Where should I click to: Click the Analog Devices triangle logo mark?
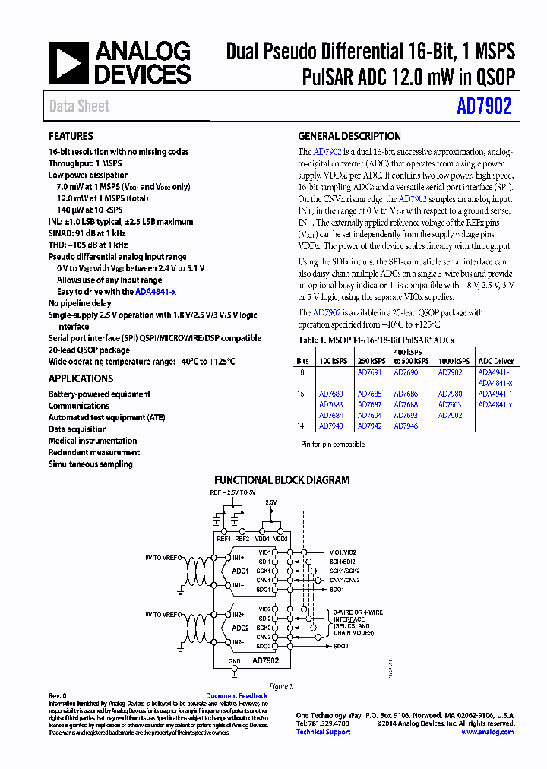pyautogui.click(x=69, y=63)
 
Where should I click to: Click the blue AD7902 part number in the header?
pyautogui.click(x=484, y=107)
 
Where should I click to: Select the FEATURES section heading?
pyautogui.click(x=71, y=137)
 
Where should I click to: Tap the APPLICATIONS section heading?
pyautogui.click(x=81, y=378)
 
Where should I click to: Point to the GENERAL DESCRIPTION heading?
pyautogui.click(x=349, y=137)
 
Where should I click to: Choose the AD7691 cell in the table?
pyautogui.click(x=369, y=372)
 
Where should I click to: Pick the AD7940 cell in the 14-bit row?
pyautogui.click(x=330, y=426)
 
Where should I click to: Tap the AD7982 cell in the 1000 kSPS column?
pyautogui.click(x=450, y=372)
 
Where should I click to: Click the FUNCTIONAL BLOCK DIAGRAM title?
pyautogui.click(x=282, y=480)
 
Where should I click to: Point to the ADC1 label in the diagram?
pyautogui.click(x=240, y=571)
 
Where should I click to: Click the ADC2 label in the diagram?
pyautogui.click(x=240, y=628)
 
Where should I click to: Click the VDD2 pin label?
pyautogui.click(x=280, y=538)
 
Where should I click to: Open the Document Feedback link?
pyautogui.click(x=237, y=696)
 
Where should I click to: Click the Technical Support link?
pyautogui.click(x=323, y=732)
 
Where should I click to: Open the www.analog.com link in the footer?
pyautogui.click(x=487, y=732)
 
